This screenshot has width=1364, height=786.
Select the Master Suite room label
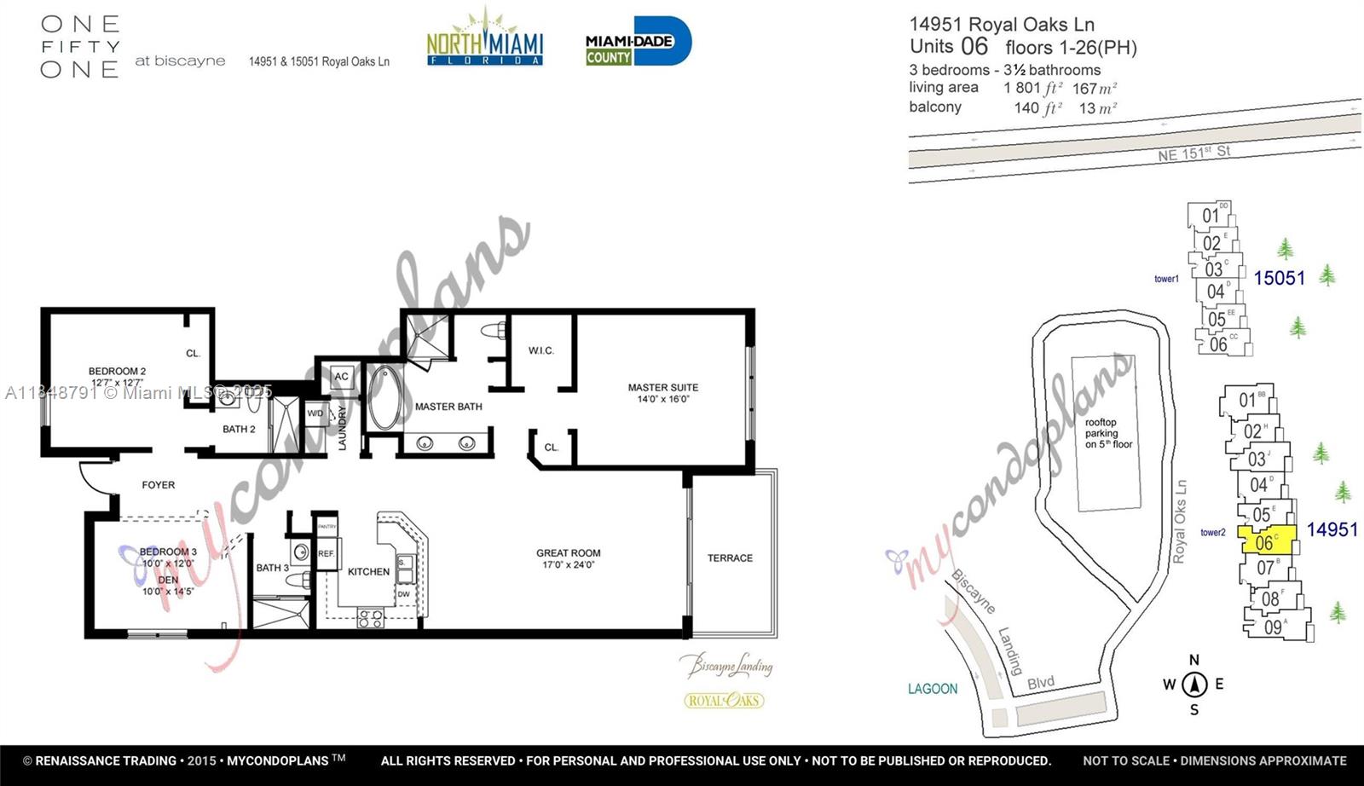662,392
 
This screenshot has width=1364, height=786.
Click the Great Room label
569,558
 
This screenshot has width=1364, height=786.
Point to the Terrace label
730,558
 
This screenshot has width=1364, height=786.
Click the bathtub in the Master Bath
385,397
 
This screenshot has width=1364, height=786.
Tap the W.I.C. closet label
540,350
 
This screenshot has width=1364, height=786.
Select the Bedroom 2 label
117,376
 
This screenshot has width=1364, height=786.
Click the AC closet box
341,376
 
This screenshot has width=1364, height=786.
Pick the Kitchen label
368,571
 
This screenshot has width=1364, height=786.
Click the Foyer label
159,484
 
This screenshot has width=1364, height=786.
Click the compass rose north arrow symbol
1194,684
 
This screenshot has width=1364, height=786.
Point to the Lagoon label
933,688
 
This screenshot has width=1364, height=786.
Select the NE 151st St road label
1193,153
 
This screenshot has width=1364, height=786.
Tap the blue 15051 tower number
1279,278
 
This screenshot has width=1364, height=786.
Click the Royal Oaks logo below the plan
724,701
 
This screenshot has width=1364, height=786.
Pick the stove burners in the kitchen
371,618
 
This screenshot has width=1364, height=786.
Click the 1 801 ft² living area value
1032,88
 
